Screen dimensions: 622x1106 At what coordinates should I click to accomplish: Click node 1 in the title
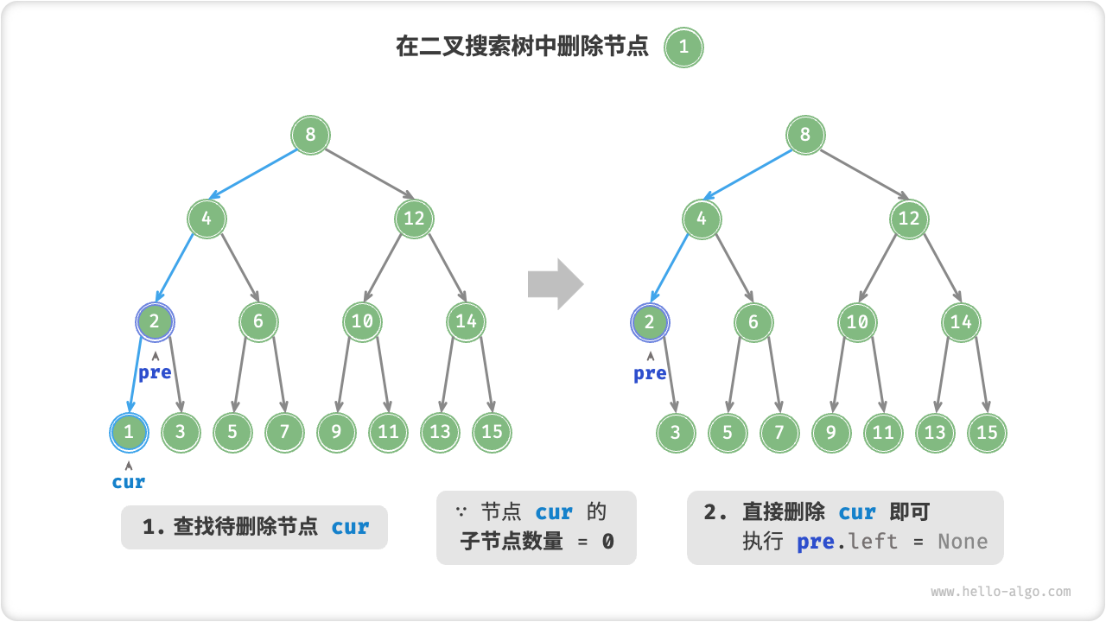tap(683, 48)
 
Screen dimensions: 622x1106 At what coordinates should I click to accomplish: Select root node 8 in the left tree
tap(310, 135)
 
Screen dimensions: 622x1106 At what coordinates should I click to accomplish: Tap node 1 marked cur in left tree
tap(129, 432)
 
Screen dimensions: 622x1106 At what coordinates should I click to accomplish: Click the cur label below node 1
tap(129, 482)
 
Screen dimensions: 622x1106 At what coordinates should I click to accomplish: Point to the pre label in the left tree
tap(155, 373)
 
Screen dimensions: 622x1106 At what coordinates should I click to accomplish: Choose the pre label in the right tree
tap(650, 373)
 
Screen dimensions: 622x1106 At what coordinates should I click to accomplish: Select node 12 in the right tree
tap(909, 219)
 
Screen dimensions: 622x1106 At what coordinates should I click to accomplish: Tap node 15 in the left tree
tap(492, 432)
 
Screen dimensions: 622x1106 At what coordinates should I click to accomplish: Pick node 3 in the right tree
tap(676, 433)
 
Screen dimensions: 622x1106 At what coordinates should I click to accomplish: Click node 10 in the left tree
tap(362, 322)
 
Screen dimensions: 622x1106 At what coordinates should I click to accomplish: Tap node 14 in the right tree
tap(961, 322)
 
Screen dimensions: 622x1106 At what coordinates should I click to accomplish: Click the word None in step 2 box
tap(963, 542)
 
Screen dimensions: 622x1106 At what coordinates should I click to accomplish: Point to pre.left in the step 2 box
tap(847, 542)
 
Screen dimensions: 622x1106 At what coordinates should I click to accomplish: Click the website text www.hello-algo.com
tap(1001, 592)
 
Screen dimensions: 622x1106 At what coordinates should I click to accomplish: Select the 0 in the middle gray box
tap(607, 542)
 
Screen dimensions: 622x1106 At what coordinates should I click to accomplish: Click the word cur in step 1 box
tap(350, 527)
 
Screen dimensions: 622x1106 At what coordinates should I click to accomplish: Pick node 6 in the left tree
tap(258, 322)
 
